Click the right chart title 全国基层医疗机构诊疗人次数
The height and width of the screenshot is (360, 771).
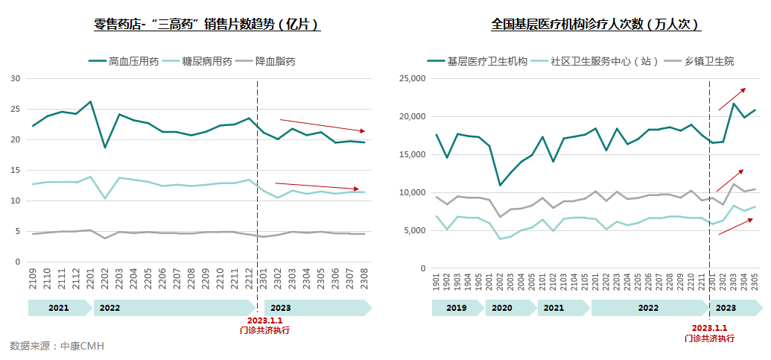(596, 25)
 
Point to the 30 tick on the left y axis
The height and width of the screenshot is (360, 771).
(15, 78)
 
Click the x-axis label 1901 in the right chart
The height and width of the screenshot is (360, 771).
(437, 283)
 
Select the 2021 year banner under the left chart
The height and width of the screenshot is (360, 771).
(59, 307)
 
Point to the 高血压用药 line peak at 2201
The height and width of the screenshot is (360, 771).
(90, 101)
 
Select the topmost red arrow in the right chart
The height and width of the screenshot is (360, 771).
(732, 99)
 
